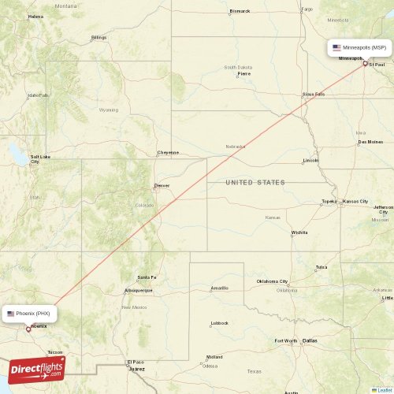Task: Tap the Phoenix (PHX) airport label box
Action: coord(31,313)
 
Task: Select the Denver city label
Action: coord(162,186)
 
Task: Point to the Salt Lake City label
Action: coord(40,159)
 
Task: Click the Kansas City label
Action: coord(355,202)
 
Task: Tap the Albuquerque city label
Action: coord(137,290)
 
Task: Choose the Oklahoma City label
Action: coord(272,281)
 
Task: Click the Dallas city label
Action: coord(309,340)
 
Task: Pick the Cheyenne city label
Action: coord(168,152)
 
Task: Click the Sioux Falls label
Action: coord(314,94)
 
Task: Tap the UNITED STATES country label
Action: coord(255,183)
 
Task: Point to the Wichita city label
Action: coord(299,232)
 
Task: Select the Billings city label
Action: coord(98,37)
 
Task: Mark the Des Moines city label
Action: coord(369,142)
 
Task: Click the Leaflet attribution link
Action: coord(384,389)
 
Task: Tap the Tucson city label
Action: coord(55,352)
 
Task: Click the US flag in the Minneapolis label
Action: coord(336,47)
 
